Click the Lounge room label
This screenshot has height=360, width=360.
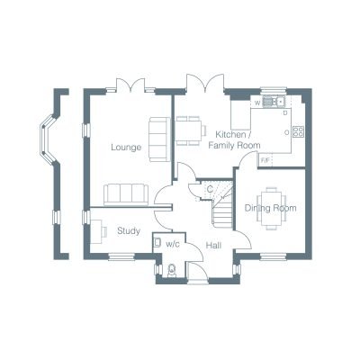[126, 148]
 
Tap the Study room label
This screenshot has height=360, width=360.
[129, 231]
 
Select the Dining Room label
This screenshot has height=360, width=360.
[271, 208]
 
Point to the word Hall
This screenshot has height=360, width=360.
[213, 246]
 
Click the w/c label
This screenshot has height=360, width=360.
[173, 244]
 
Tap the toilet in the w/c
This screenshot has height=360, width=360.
[172, 271]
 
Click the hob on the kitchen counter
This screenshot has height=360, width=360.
[298, 131]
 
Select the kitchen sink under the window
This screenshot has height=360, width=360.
[274, 102]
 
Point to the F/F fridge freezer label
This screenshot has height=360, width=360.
[265, 160]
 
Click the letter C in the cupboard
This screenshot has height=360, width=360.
[210, 189]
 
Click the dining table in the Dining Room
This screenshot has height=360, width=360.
[272, 208]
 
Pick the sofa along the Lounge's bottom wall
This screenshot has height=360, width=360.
[126, 194]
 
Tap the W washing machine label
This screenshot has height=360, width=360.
[257, 103]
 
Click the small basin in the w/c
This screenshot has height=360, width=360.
[157, 242]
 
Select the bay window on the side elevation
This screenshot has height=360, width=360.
[48, 139]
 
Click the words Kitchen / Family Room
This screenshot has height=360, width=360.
[234, 139]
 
